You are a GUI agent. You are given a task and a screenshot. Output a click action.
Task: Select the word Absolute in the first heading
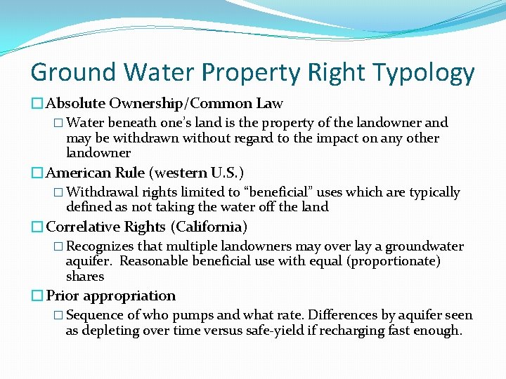tap(72, 104)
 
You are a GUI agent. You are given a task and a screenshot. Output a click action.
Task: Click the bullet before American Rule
tap(37, 173)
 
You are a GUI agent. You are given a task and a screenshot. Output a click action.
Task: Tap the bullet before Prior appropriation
tap(37, 295)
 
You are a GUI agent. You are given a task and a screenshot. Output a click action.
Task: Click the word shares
tap(84, 276)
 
